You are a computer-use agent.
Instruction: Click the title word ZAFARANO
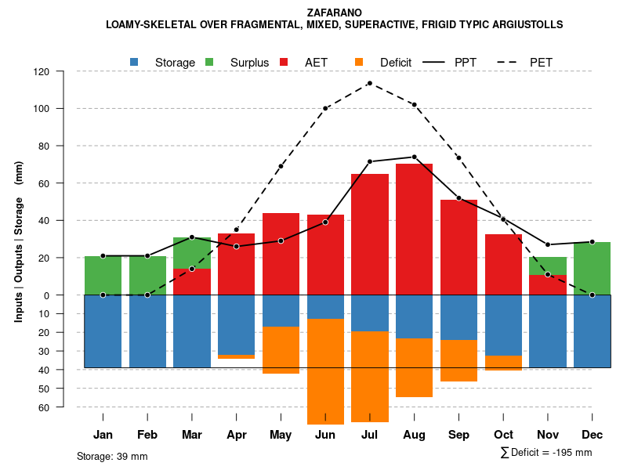[335, 13]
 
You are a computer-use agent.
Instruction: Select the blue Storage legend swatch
[135, 62]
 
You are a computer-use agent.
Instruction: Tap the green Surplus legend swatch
[209, 62]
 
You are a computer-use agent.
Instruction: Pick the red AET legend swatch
[284, 62]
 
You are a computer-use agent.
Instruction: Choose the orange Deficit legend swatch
[359, 62]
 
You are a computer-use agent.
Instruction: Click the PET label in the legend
[541, 62]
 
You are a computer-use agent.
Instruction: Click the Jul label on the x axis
[370, 435]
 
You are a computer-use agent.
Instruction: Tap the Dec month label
[593, 435]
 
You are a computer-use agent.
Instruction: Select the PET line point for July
[370, 83]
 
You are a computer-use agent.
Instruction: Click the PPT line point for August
[414, 157]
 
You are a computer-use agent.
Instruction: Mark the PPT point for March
[192, 237]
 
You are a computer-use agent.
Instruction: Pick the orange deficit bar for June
[325, 371]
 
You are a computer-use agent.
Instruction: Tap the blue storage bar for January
[103, 331]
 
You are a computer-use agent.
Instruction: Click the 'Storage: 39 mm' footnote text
[112, 456]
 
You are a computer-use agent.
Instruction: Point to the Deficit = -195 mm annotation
[545, 453]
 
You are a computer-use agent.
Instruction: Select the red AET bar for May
[281, 254]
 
